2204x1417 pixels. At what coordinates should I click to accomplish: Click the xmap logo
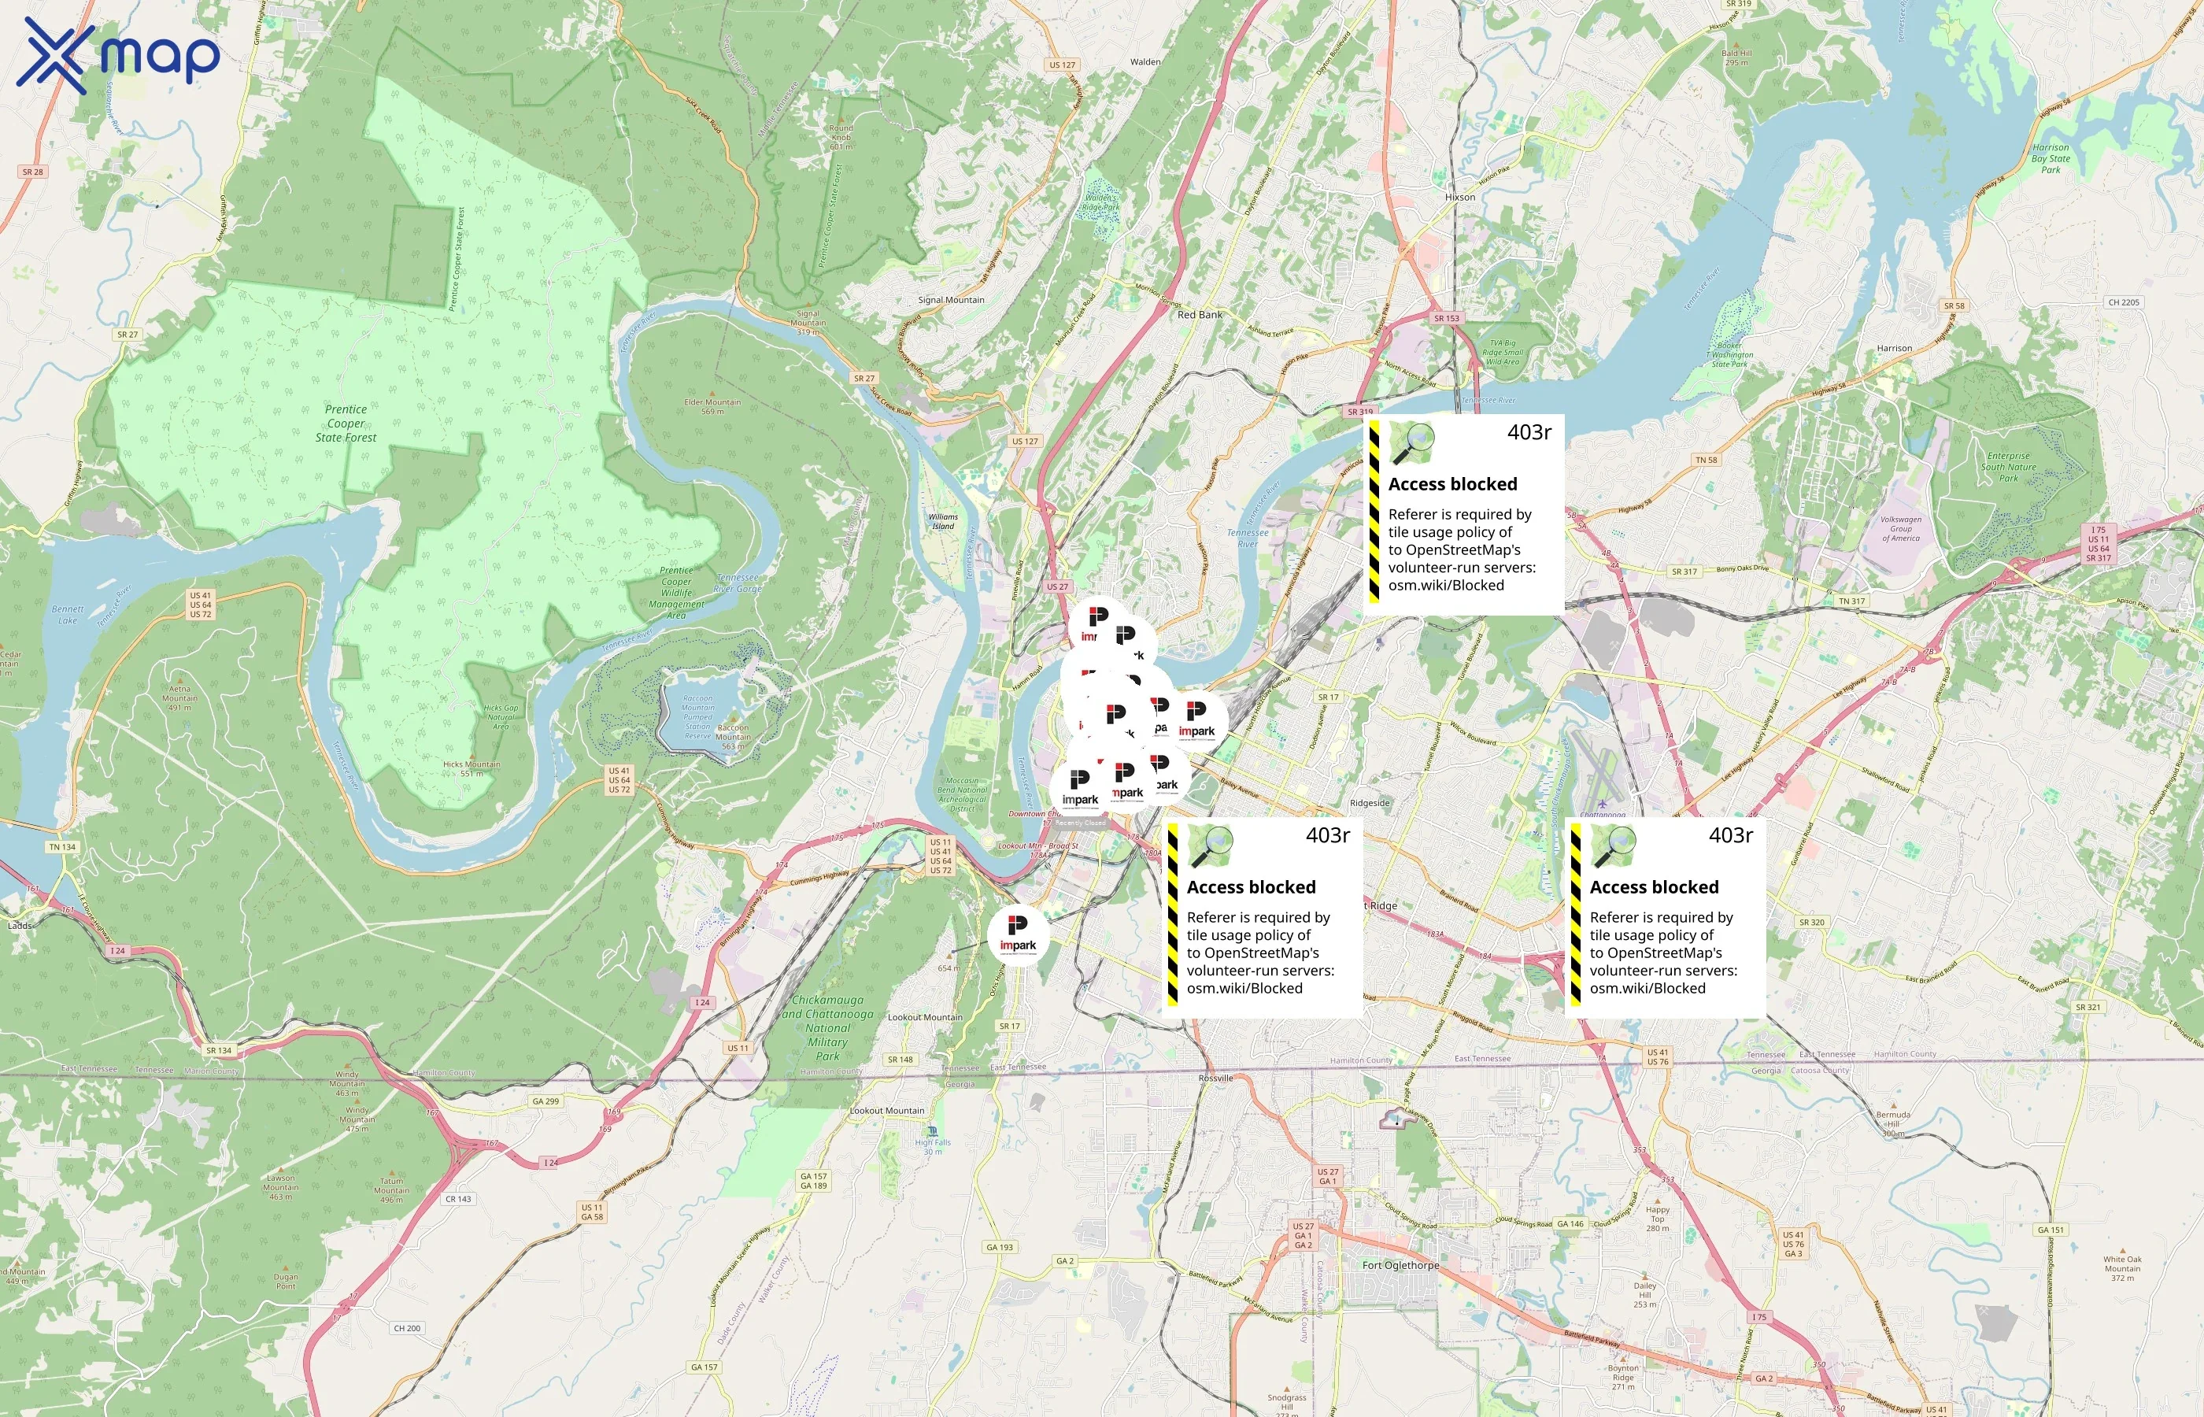pos(118,55)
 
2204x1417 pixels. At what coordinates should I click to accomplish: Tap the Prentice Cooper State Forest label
pos(346,424)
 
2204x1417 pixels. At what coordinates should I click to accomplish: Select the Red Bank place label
pos(1200,315)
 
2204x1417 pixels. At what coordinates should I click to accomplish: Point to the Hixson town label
pos(1460,197)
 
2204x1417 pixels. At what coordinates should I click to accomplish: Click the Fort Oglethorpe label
pos(1400,1265)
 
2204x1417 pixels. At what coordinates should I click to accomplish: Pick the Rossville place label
pos(1215,1078)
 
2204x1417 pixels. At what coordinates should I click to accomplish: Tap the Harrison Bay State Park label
pos(2051,158)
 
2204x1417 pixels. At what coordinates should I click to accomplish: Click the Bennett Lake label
pos(67,615)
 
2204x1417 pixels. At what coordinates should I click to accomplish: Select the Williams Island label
pos(943,521)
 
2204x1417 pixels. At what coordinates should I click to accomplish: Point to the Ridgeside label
pos(1370,803)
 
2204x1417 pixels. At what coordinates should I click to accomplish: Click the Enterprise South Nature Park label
pos(2008,467)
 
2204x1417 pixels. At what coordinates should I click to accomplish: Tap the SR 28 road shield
pos(32,172)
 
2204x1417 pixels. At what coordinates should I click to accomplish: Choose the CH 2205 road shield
pos(2124,302)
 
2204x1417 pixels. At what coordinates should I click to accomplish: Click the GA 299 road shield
pos(545,1101)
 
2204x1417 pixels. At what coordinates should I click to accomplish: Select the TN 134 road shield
pos(62,846)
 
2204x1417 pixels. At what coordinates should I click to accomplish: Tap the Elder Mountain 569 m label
pos(712,405)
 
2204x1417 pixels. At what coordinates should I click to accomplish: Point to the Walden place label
pos(1145,62)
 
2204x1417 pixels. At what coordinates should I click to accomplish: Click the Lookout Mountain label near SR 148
pos(924,1018)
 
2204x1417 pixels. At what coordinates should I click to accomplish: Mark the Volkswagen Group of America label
pos(1900,528)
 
